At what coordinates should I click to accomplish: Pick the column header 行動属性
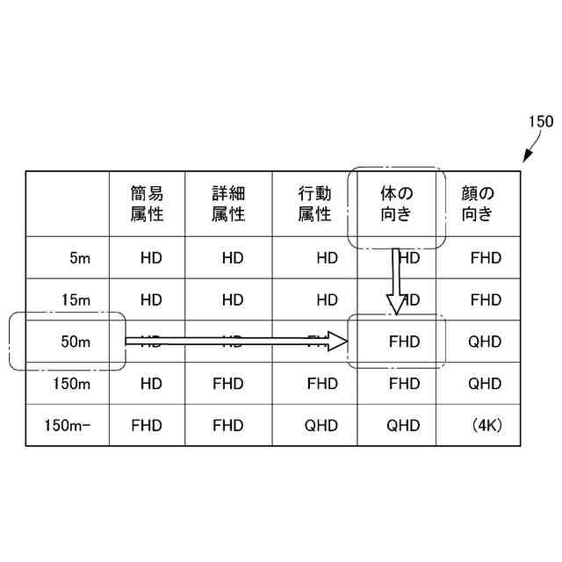coord(313,204)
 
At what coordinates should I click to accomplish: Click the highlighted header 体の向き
coord(396,204)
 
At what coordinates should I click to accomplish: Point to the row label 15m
coord(76,300)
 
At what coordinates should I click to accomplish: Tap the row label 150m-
coord(68,426)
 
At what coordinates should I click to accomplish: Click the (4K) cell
coord(486,426)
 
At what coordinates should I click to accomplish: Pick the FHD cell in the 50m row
coord(404,342)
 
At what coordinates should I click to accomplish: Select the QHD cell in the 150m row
coord(485,384)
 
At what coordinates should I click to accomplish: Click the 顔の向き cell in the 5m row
coord(485,258)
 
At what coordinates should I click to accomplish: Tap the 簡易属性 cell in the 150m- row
coord(147,426)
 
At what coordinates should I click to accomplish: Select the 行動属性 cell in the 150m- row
coord(321,426)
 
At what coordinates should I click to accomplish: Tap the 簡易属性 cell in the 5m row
coord(151,258)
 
